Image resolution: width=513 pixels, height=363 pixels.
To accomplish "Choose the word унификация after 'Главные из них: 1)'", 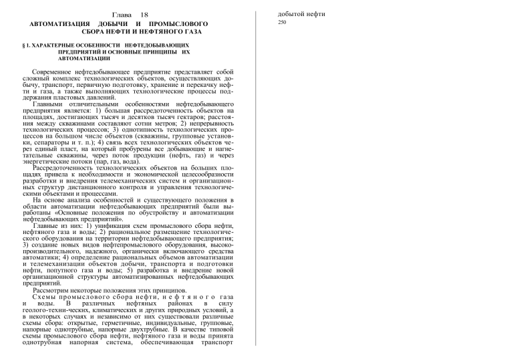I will tap(108, 227).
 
